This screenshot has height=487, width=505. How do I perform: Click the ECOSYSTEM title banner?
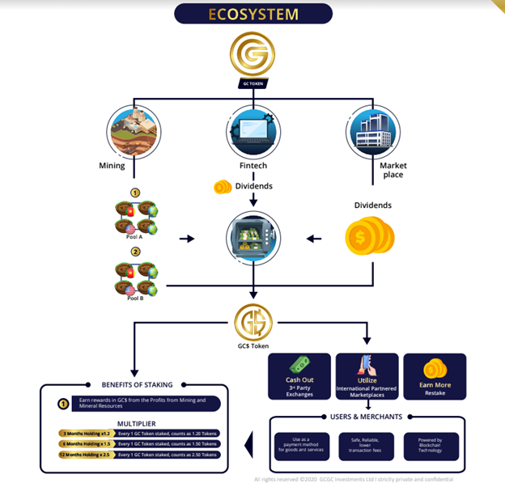[x=252, y=15]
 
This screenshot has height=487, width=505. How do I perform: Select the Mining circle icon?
[x=134, y=130]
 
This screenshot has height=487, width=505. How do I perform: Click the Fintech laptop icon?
[x=252, y=130]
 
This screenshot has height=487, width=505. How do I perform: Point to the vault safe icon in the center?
[x=252, y=239]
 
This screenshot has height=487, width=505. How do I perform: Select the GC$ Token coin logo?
[x=252, y=323]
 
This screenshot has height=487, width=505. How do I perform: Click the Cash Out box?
[x=299, y=377]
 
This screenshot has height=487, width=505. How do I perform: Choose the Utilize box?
[x=367, y=377]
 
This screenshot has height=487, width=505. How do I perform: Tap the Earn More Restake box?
[x=435, y=377]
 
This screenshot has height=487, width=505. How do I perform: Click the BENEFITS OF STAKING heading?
[x=134, y=384]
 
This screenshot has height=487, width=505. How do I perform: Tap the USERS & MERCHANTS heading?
[x=367, y=417]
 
